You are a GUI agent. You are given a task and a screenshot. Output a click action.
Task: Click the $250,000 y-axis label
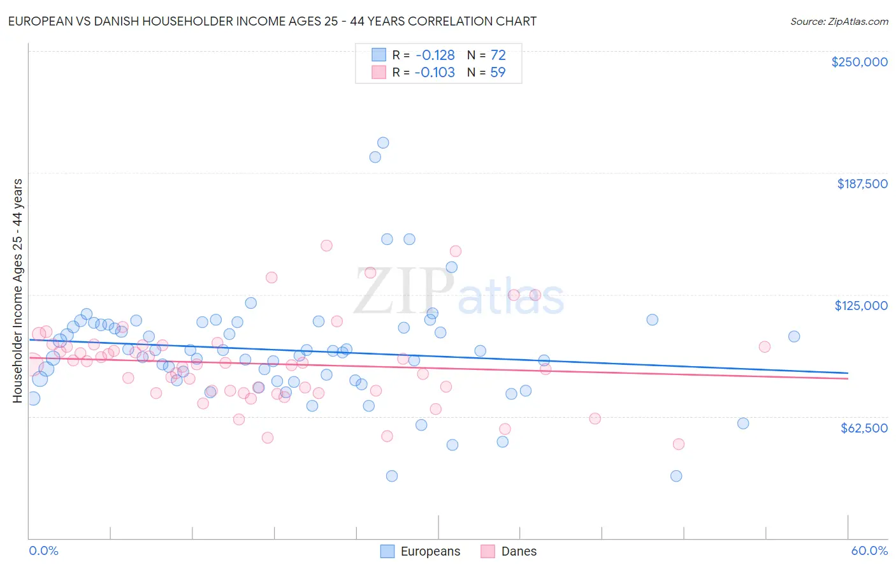[x=859, y=62]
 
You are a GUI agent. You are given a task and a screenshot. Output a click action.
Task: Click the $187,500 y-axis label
[x=862, y=184]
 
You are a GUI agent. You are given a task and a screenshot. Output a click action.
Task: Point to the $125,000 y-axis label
[x=861, y=306]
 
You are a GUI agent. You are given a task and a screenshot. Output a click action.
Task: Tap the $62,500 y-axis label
[x=863, y=428]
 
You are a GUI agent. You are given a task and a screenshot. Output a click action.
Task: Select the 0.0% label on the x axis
[x=43, y=551]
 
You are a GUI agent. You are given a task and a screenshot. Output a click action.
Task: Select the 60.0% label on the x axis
[x=869, y=551]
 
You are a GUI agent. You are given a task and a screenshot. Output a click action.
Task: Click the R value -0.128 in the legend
[x=435, y=55]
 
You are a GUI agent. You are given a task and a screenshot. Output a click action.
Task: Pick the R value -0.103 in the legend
[x=435, y=72]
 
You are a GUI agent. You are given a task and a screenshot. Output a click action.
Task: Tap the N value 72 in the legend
[x=498, y=55]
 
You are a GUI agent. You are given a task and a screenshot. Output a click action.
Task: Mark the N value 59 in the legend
[x=498, y=72]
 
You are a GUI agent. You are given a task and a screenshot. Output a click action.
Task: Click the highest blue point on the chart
[x=383, y=143]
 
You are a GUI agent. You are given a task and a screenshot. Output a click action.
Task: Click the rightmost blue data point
[x=794, y=336]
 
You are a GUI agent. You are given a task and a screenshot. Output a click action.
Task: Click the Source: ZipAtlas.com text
[x=839, y=21]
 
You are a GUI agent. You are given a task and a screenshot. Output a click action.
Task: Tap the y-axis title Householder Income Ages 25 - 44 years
[x=17, y=290]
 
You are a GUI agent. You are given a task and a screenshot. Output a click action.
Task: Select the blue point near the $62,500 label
[x=743, y=423]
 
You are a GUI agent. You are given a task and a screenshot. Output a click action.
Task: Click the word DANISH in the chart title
[x=112, y=21]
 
